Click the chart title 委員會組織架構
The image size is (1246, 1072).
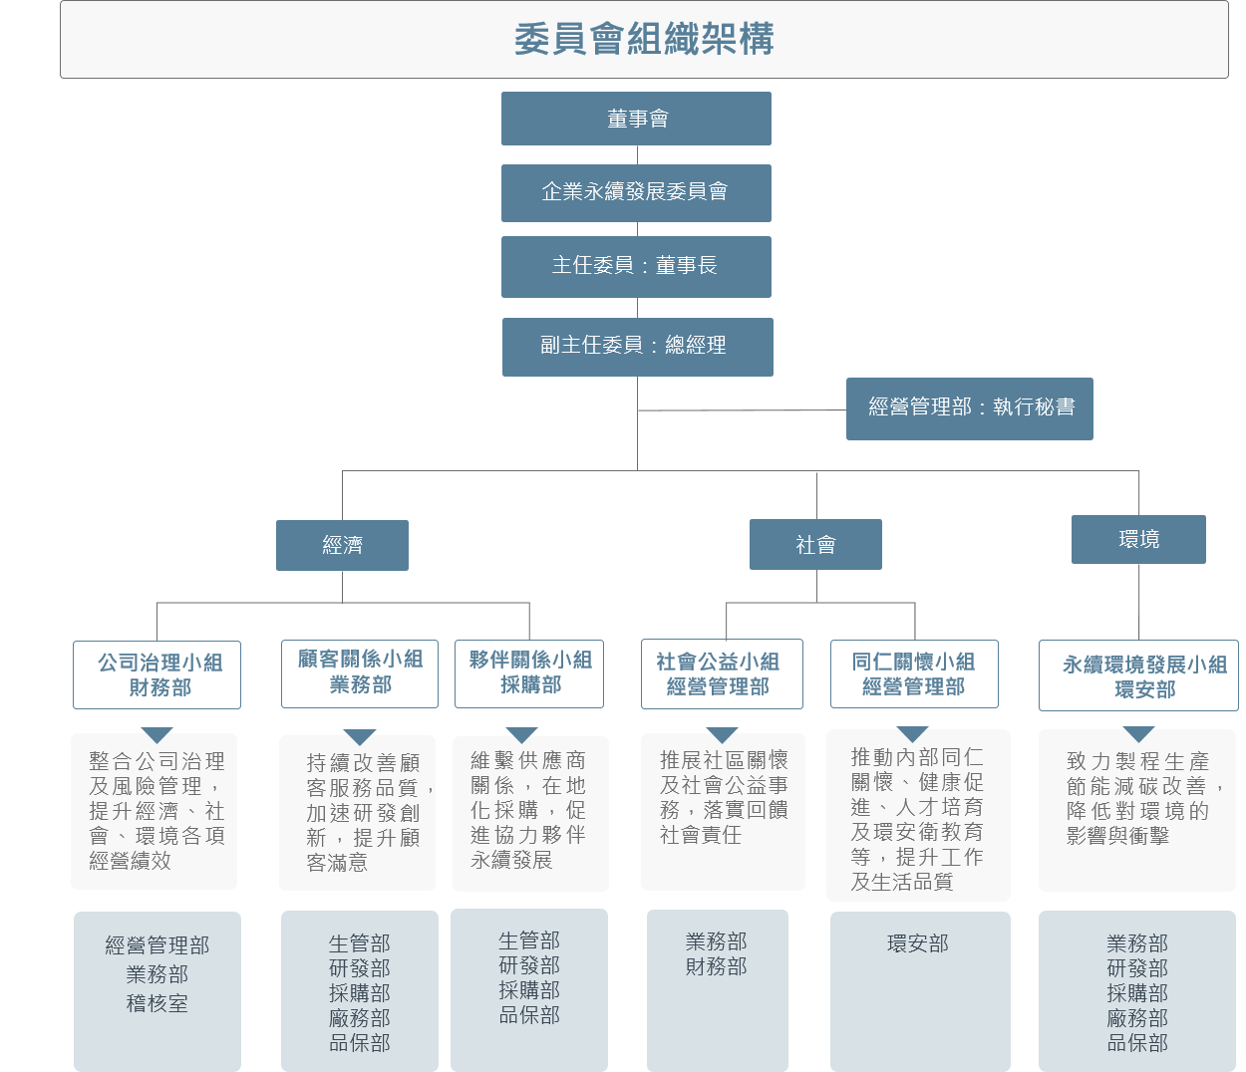tap(644, 40)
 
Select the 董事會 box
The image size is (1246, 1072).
tap(636, 119)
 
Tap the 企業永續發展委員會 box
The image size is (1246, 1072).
tap(636, 192)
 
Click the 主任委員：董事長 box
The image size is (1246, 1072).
tap(636, 266)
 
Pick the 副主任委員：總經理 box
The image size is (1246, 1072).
tap(637, 346)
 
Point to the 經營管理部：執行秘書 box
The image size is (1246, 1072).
tap(969, 407)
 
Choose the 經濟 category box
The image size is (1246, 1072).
tap(342, 545)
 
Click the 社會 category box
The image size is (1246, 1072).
tap(815, 545)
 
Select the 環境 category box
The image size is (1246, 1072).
tap(1138, 539)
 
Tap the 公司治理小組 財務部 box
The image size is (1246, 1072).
tap(157, 674)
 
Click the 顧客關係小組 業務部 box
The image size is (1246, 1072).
tap(360, 672)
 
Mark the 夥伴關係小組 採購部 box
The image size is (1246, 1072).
tap(529, 672)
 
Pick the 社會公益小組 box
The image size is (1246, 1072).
tap(722, 673)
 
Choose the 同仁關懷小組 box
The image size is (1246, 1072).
tap(914, 673)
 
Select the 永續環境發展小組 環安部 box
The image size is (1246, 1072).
tap(1138, 675)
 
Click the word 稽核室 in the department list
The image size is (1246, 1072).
tap(156, 1004)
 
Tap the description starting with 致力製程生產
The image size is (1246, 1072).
tap(1137, 798)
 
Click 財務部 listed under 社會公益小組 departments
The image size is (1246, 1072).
tap(716, 966)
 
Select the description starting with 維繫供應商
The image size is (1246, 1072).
tap(529, 810)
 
